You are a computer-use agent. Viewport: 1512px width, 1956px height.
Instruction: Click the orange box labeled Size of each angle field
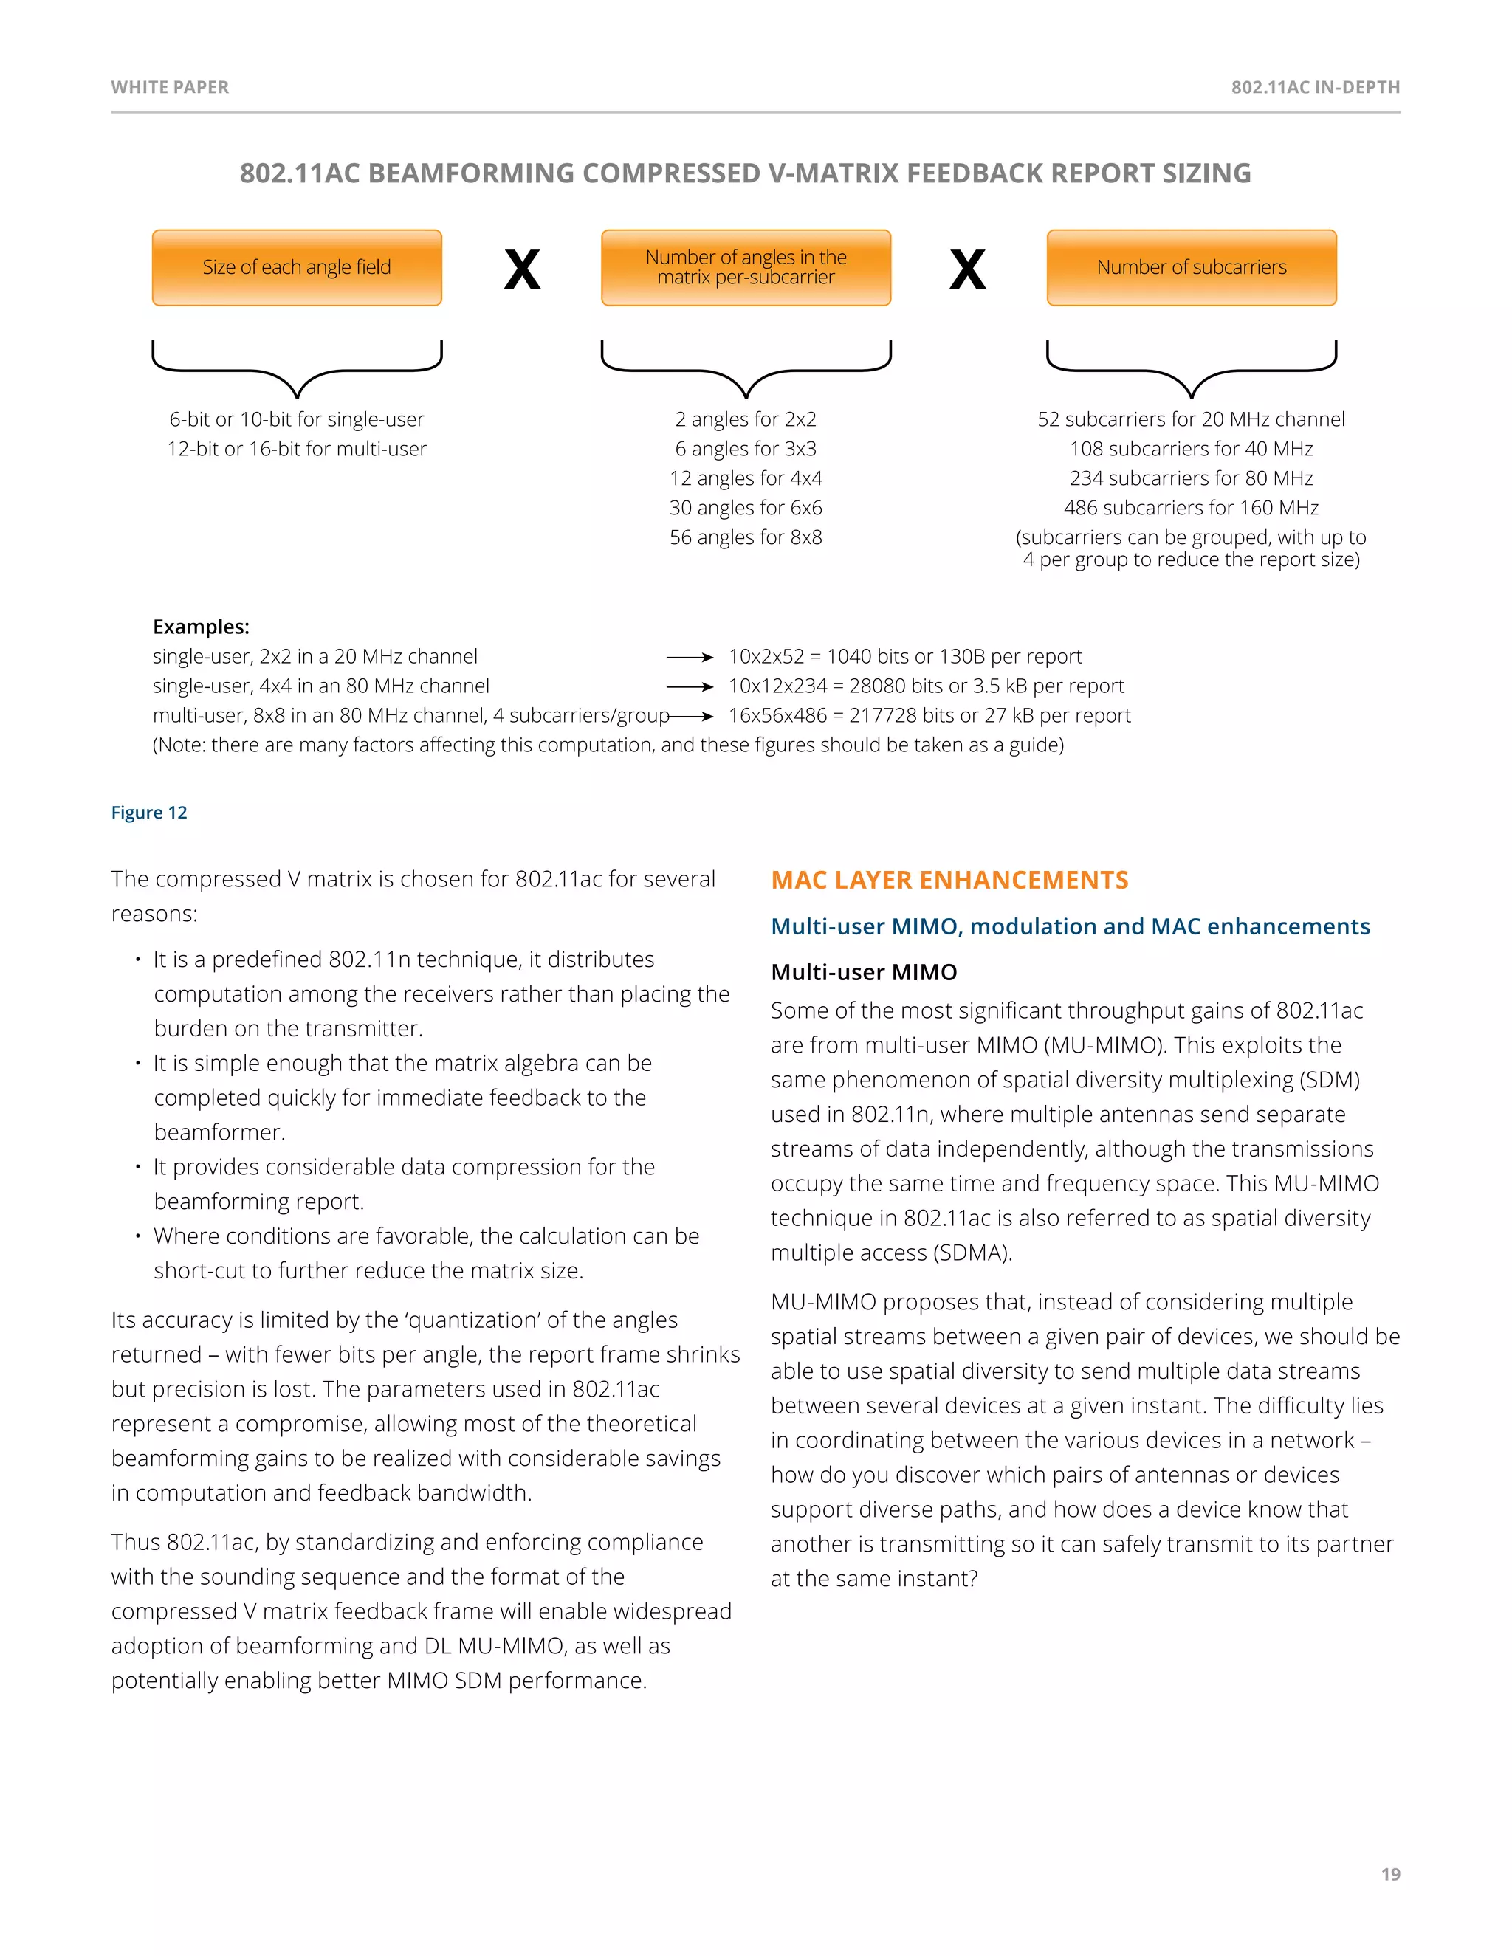pos(297,268)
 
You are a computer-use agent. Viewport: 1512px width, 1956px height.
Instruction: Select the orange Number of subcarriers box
pos(1192,268)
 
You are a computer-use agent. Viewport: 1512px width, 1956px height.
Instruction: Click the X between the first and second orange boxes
pos(522,269)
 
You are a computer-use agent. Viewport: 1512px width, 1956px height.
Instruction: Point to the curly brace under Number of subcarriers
pos(1192,370)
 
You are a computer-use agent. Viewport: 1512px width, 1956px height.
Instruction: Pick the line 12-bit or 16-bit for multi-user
pos(297,449)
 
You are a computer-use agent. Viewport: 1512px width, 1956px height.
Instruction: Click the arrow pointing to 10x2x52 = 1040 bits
pos(690,658)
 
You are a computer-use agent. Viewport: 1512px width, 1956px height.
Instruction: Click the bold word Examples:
pos(201,627)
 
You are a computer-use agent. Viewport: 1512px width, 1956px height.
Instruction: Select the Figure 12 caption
pos(148,813)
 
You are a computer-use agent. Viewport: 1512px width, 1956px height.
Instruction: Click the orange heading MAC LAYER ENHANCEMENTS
pos(949,881)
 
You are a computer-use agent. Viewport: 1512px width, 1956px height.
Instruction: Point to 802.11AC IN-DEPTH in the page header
pos(1315,87)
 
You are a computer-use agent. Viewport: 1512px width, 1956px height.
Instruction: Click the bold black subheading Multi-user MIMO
pos(864,973)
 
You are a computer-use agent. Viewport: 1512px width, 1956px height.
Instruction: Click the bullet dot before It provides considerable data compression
pos(138,1167)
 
